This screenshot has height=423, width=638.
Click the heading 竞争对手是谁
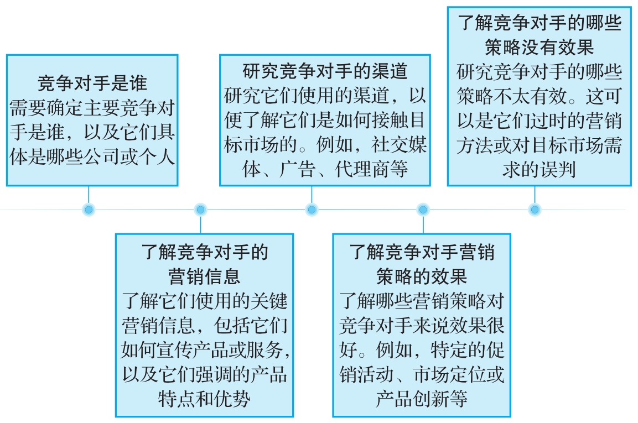92,83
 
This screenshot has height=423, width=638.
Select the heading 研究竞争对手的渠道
325,71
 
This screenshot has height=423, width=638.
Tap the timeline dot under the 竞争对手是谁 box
89,210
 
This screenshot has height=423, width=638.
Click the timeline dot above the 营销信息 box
200,210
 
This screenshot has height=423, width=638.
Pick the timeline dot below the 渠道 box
312,210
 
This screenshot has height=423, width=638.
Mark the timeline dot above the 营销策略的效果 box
423,210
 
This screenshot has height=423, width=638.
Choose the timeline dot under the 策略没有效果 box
535,210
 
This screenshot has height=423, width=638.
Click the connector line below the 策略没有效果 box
535,195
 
